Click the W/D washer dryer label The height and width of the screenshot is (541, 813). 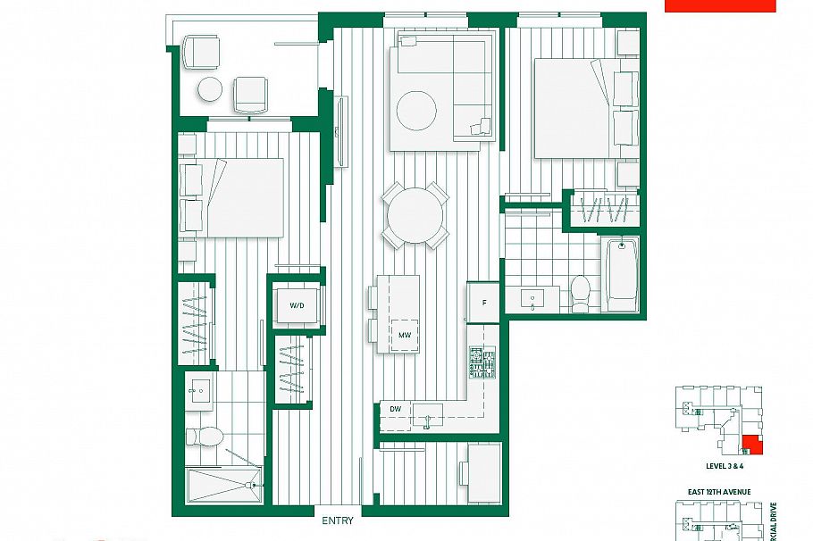pyautogui.click(x=297, y=305)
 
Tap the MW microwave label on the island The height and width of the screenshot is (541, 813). pyautogui.click(x=405, y=336)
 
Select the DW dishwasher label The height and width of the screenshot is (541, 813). pyautogui.click(x=395, y=409)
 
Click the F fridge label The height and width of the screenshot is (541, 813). pyautogui.click(x=484, y=303)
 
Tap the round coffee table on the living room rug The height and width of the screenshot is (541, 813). pyautogui.click(x=416, y=112)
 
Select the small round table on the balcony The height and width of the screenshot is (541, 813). pyautogui.click(x=210, y=89)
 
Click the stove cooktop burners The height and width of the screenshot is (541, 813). pyautogui.click(x=482, y=362)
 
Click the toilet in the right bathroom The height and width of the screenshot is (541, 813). pyautogui.click(x=581, y=293)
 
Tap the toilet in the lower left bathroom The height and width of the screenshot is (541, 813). pyautogui.click(x=205, y=437)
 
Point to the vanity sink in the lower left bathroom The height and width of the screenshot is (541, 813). pyautogui.click(x=197, y=389)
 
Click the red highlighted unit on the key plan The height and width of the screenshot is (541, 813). pyautogui.click(x=752, y=445)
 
